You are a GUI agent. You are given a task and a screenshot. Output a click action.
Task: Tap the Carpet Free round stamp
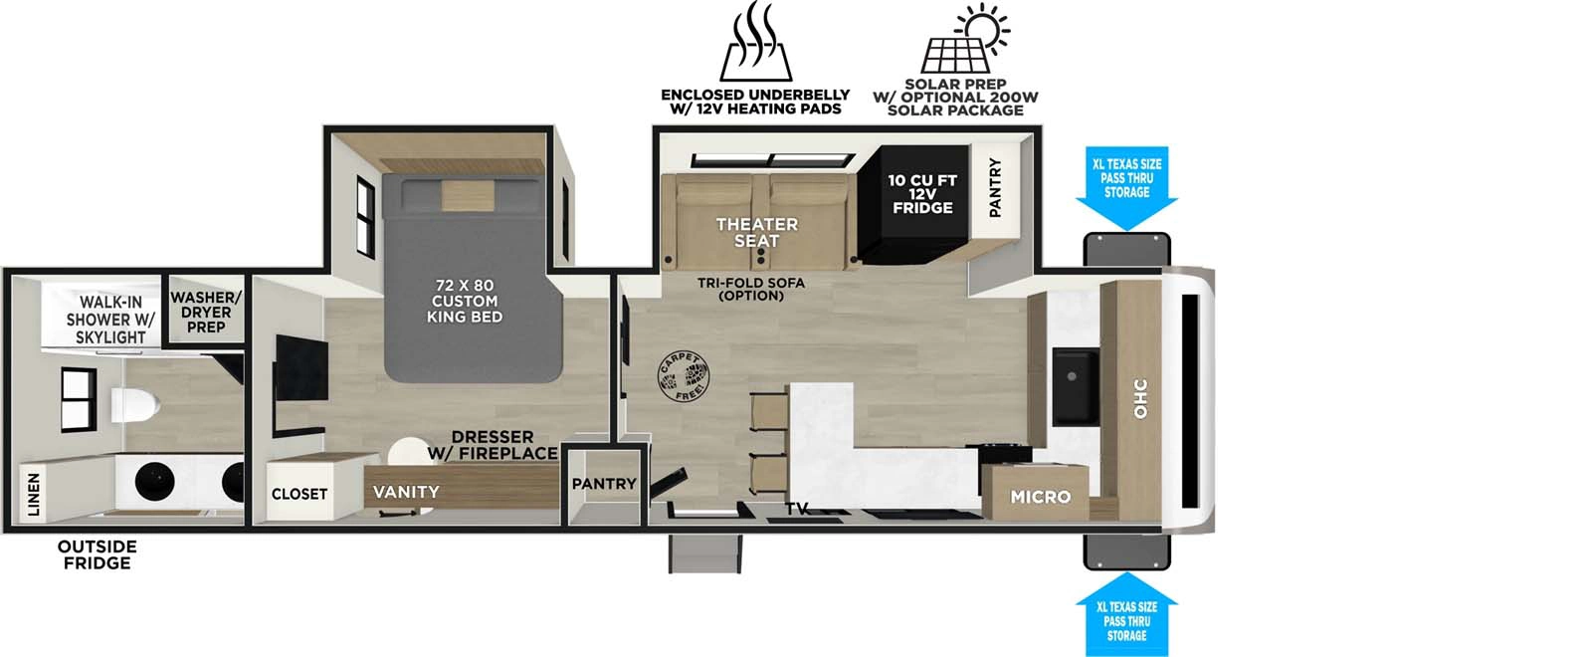[x=684, y=377]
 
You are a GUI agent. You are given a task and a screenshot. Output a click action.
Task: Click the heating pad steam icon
[x=756, y=45]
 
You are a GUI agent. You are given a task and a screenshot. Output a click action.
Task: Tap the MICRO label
[x=1040, y=496]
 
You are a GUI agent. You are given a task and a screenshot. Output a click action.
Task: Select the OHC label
[x=1140, y=398]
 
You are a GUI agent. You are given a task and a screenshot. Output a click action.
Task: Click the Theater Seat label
[x=756, y=232]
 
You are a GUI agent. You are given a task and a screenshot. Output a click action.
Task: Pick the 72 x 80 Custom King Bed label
[x=465, y=301]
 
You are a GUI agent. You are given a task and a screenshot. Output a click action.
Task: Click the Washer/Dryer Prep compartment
[x=206, y=312]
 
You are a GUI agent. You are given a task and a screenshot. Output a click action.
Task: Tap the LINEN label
[x=34, y=495]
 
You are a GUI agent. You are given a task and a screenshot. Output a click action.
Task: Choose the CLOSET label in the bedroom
[x=299, y=494]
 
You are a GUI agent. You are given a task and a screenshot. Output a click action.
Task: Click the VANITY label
[x=406, y=492]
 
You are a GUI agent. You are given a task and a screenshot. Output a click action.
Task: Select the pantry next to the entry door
[x=604, y=485]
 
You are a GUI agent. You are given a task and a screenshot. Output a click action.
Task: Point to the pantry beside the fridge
[x=995, y=187]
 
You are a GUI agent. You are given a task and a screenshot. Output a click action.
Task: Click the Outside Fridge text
[x=97, y=554]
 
